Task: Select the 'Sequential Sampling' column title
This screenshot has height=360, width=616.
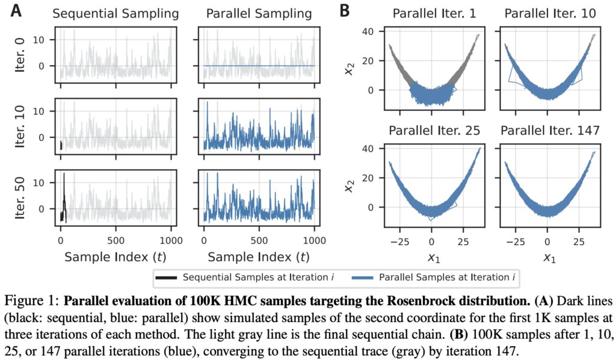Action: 115,13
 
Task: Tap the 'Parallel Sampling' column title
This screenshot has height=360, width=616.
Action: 259,13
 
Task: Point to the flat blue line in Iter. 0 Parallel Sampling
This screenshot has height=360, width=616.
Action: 259,66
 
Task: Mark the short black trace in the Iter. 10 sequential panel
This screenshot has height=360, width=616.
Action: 61,146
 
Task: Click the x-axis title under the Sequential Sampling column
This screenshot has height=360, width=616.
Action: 115,258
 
